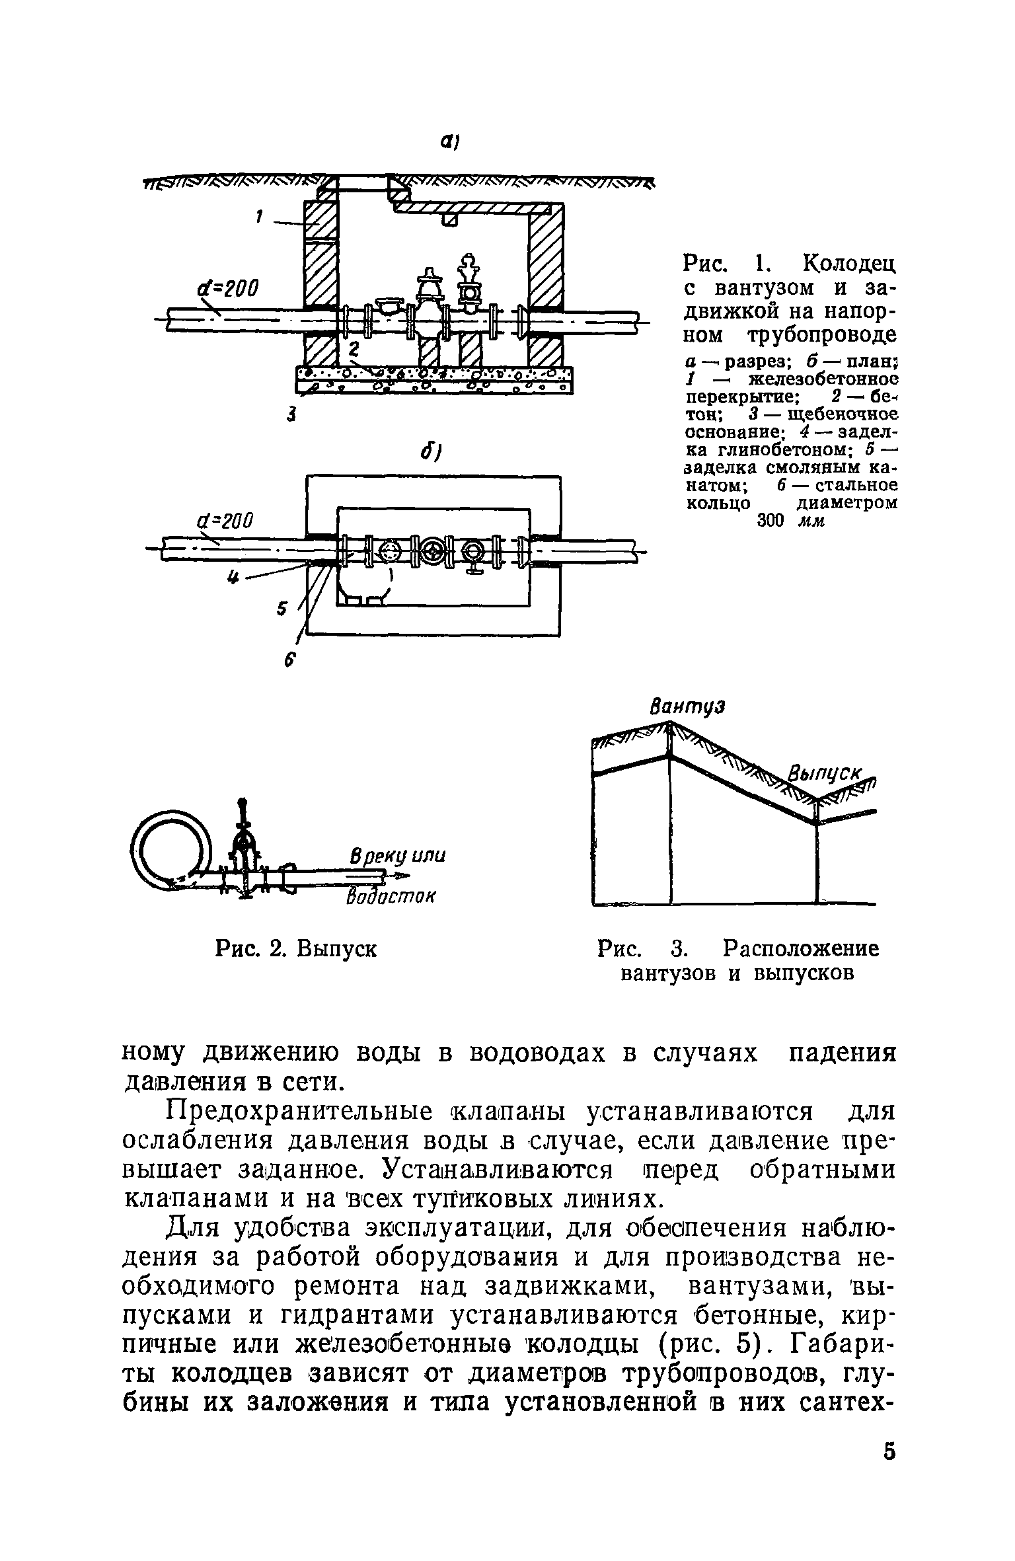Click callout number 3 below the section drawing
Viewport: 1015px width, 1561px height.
click(x=290, y=415)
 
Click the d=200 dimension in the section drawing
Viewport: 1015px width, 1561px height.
click(x=228, y=288)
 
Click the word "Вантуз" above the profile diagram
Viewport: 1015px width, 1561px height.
click(x=689, y=706)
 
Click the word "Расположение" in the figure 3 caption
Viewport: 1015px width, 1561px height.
click(x=801, y=950)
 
